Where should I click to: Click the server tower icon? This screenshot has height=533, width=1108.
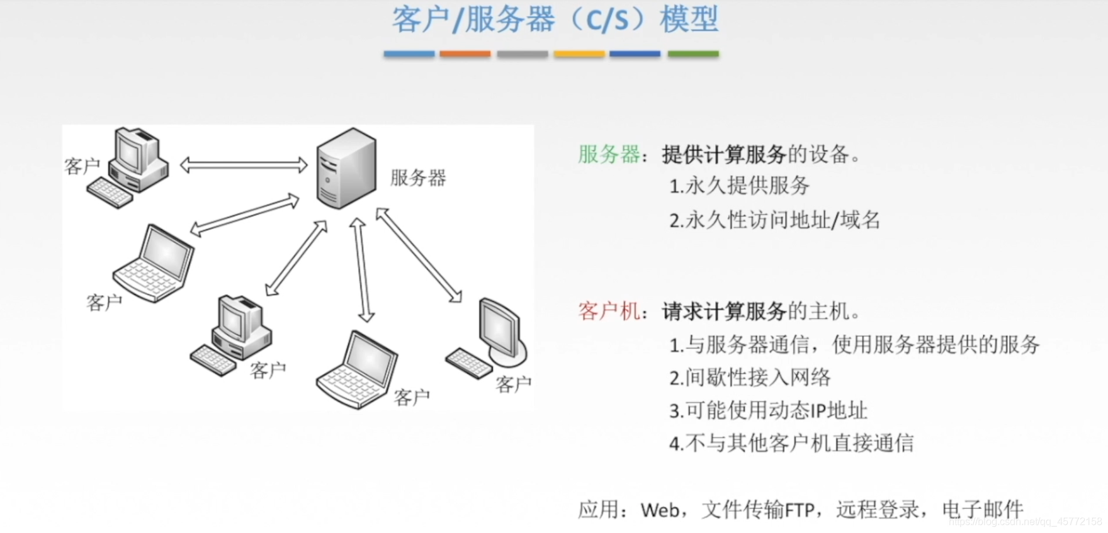(346, 169)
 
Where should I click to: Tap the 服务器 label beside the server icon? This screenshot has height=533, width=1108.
(418, 178)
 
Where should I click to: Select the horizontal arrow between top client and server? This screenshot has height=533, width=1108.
(244, 166)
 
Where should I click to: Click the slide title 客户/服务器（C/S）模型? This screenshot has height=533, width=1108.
(555, 20)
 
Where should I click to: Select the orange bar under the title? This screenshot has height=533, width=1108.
(465, 54)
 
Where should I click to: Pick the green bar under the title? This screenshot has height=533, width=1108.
(692, 54)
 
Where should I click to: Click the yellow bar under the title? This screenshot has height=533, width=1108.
(579, 54)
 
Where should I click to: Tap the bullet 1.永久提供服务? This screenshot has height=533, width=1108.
(739, 186)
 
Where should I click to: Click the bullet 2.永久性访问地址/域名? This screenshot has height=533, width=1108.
(774, 220)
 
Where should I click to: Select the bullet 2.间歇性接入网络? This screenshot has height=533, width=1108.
(750, 378)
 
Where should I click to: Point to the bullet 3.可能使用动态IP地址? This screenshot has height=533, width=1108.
(768, 411)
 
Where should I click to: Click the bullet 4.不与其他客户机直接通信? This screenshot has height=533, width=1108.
(791, 444)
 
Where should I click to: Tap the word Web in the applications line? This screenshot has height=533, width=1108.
(660, 510)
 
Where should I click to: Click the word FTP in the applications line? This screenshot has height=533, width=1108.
(800, 510)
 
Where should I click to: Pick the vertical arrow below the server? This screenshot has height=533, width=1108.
(362, 270)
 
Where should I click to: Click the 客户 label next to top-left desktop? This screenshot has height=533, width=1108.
(82, 167)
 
